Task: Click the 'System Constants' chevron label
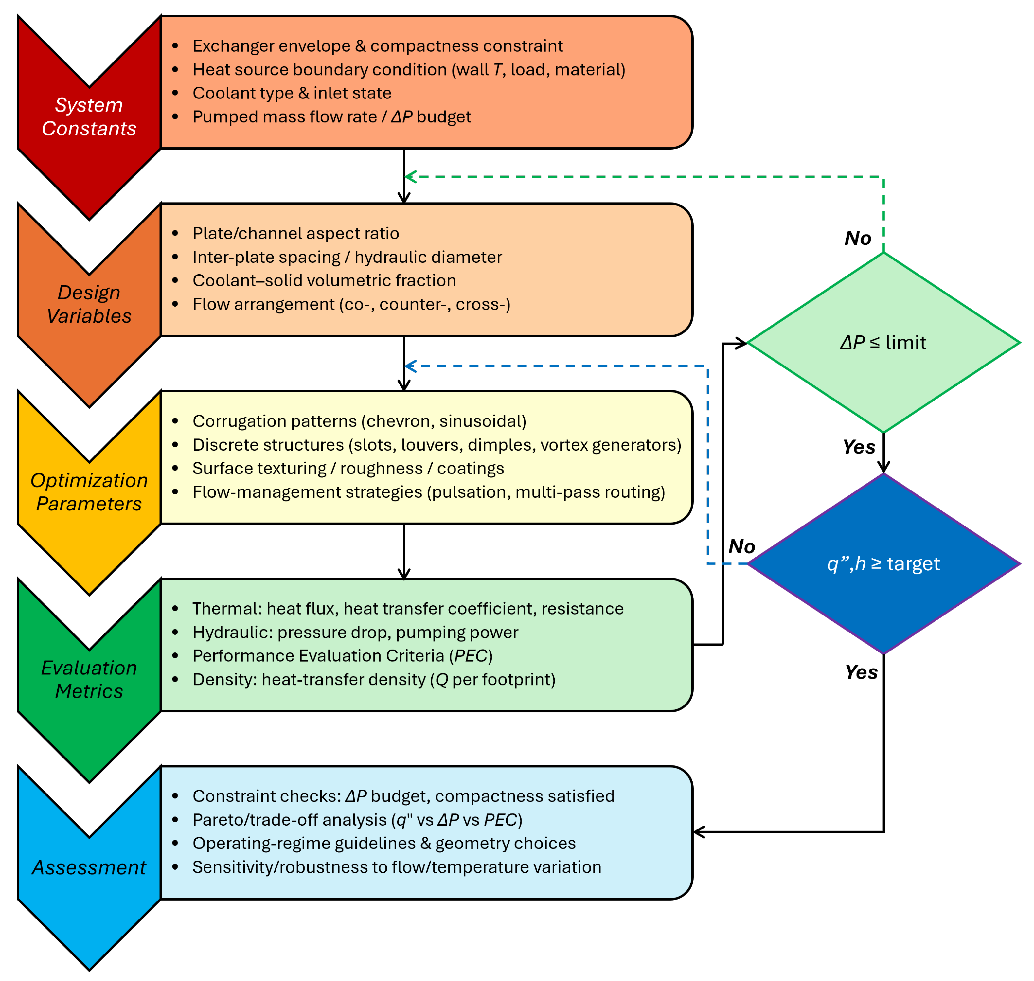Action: point(89,116)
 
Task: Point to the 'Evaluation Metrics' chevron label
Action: point(89,679)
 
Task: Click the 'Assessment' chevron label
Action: point(89,867)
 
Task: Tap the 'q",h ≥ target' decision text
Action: point(883,564)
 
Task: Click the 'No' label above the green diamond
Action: point(858,238)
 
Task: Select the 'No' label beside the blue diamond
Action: point(742,546)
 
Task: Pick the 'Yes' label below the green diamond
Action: point(859,447)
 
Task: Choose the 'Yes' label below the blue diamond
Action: point(862,672)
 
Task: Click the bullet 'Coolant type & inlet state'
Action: point(292,93)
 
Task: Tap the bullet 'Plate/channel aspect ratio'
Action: point(295,233)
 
